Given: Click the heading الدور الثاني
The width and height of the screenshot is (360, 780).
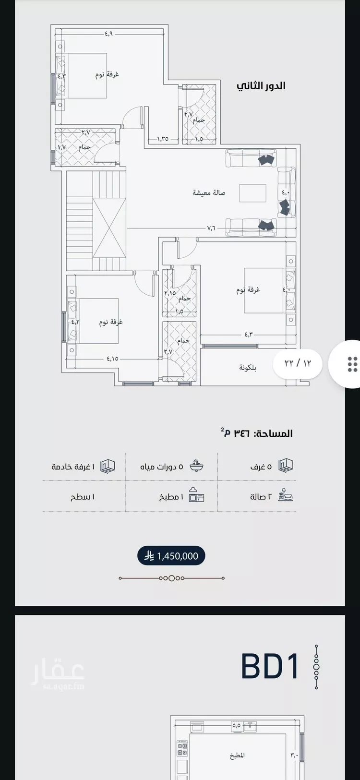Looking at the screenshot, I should coord(261,86).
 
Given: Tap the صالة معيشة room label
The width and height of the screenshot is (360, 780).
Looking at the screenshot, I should coord(209,192).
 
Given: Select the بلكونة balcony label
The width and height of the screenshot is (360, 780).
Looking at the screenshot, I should coord(248,368).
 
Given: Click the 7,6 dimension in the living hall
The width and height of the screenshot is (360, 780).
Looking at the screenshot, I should coord(211,228).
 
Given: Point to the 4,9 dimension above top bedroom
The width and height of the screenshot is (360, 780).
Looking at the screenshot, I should coord(108,34).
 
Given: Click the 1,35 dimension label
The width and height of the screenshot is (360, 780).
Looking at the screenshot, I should coord(162,139).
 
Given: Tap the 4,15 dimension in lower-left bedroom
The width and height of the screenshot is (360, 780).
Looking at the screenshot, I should coord(112,358).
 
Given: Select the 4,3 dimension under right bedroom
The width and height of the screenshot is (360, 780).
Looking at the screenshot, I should coord(248,334).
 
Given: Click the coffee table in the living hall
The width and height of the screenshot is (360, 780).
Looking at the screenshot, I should coord(253,193).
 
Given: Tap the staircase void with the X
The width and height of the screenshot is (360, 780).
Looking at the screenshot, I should coord(109,228).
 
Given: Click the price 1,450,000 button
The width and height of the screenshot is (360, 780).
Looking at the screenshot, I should coord(171,556).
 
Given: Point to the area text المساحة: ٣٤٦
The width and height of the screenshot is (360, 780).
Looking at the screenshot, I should coord(257,433).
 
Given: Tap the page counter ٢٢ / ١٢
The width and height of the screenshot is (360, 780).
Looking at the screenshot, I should coord(298,363).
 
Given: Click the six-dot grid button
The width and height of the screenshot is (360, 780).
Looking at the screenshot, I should coord(352,364).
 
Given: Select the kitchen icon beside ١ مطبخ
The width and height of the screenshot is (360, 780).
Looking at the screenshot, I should coord(196,495).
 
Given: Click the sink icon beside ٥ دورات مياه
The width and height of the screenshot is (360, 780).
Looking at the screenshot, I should coord(196,466).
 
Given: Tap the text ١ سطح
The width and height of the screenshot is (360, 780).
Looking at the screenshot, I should coord(83,497).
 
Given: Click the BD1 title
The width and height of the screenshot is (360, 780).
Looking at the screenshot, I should coord(270,666).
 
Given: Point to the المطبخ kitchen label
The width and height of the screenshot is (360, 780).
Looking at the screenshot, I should coord(237,755).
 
